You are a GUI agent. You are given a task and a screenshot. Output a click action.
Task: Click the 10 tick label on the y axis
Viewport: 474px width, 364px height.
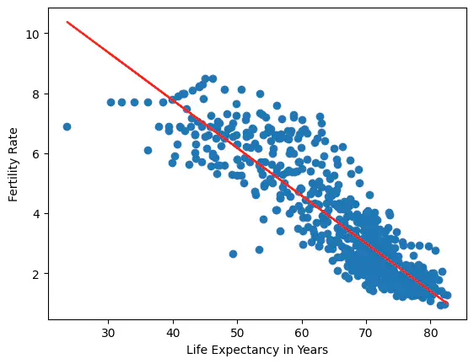33,35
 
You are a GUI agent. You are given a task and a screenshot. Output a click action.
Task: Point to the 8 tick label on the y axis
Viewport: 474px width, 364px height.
36,94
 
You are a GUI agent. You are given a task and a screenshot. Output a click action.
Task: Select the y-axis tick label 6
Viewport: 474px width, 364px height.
36,154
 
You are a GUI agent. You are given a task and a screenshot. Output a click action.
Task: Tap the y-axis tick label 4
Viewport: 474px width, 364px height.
36,214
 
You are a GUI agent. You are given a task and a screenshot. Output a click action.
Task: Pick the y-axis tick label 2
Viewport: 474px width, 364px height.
36,274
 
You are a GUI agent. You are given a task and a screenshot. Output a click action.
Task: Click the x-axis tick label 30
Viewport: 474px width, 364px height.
108,333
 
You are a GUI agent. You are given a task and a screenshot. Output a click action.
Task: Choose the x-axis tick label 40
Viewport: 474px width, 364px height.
173,333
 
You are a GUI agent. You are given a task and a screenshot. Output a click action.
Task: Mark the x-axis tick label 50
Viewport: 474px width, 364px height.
237,333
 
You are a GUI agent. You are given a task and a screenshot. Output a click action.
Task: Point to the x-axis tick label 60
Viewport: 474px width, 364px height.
302,333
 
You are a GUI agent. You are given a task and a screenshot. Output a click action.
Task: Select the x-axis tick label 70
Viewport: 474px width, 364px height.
366,333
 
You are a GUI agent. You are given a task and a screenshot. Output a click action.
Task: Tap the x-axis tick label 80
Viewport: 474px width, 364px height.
430,333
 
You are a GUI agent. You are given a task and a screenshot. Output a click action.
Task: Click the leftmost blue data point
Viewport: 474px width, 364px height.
67,127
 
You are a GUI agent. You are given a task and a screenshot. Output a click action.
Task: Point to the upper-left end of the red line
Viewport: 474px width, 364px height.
67,22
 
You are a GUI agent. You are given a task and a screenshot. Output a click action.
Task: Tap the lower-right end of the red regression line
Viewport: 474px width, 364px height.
447,303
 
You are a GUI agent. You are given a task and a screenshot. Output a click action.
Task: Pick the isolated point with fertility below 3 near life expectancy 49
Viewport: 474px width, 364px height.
233,254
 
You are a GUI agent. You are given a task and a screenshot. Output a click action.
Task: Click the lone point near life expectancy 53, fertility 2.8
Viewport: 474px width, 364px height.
260,249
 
